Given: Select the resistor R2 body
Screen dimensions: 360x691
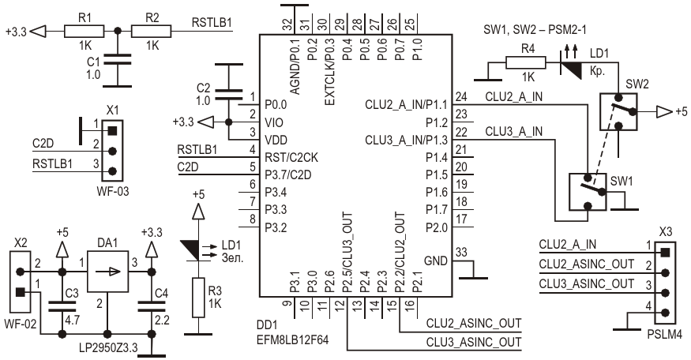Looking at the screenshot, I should point(152,32).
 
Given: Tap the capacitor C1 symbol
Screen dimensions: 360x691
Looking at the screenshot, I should point(117,58).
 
